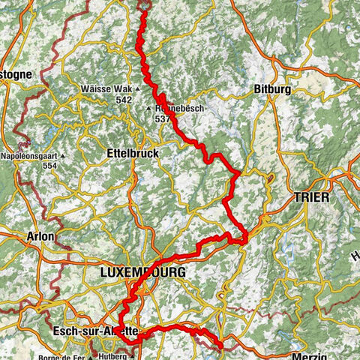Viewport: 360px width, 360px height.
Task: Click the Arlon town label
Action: coord(40,235)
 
